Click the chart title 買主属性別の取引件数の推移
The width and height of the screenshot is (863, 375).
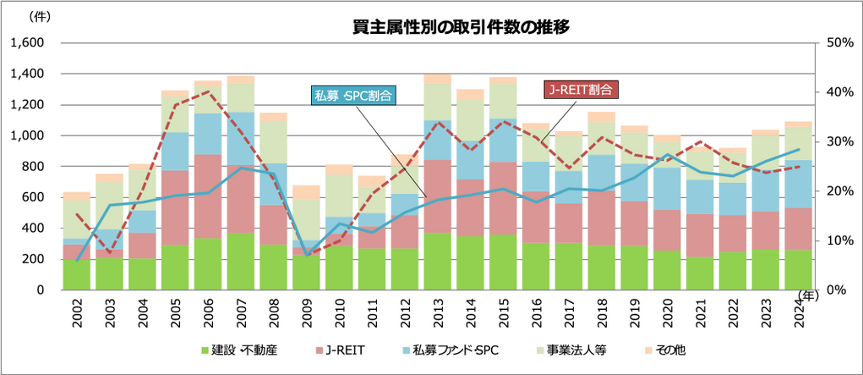point(461,27)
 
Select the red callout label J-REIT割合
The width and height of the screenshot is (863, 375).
point(578,89)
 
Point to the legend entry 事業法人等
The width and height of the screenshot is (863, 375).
point(579,349)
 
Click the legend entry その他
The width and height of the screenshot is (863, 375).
point(664,349)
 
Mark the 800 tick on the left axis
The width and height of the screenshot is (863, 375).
point(32,167)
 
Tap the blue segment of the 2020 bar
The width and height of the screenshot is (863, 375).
point(666,189)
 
